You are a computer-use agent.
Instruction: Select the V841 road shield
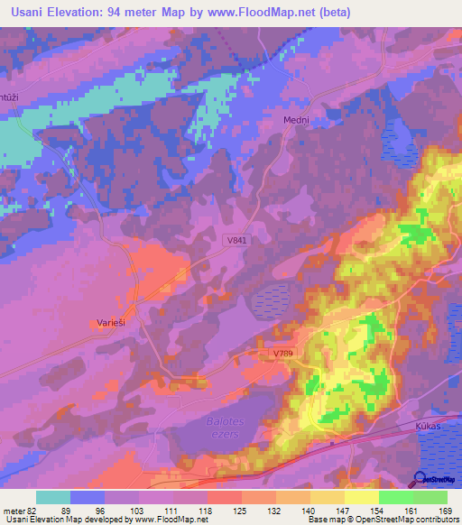[237, 240]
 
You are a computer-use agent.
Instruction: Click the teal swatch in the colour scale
[53, 497]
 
